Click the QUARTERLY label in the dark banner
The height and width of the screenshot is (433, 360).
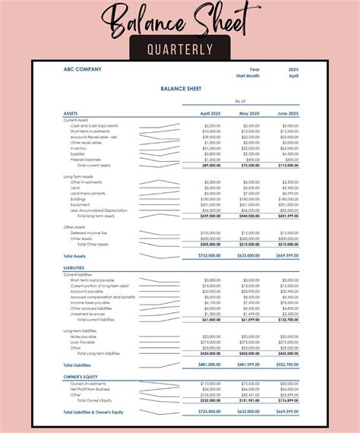click(180, 49)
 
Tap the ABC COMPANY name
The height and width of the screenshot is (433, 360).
click(82, 69)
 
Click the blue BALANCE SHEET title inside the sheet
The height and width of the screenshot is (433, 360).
click(179, 88)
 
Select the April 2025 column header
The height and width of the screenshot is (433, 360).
click(210, 113)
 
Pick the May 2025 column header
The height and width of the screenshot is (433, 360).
click(251, 113)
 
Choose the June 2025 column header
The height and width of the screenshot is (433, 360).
click(289, 113)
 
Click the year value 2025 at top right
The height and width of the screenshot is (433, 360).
click(293, 69)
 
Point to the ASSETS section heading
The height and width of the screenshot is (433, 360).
click(71, 113)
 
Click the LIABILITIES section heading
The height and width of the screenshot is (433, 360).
click(74, 268)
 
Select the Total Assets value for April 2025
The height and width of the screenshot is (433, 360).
click(210, 256)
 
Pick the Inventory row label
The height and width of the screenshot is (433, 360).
click(79, 148)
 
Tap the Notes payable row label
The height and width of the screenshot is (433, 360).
click(84, 337)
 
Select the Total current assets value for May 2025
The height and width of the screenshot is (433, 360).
click(250, 165)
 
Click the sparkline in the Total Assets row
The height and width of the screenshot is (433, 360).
click(159, 256)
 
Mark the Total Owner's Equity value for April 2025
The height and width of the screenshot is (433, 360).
click(210, 400)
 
